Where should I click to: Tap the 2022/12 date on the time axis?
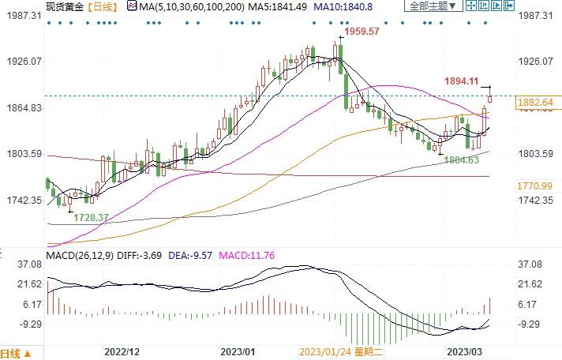coord(122,351)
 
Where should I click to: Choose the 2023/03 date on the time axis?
coord(464,351)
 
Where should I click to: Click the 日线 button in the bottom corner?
coord(16,352)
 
